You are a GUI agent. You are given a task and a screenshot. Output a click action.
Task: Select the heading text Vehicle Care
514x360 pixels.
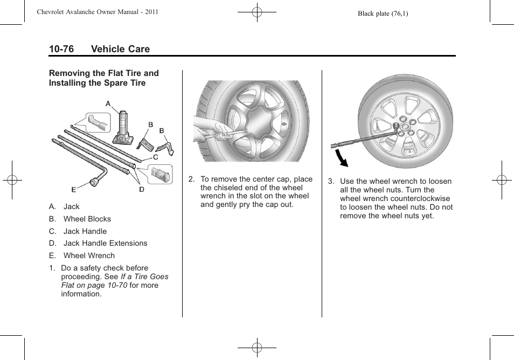coord(120,49)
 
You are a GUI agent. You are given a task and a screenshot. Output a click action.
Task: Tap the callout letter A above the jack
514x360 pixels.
coord(108,103)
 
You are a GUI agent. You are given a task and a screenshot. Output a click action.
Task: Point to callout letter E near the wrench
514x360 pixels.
coord(74,190)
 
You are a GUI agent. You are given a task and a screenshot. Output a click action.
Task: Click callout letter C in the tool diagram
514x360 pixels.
coord(155,157)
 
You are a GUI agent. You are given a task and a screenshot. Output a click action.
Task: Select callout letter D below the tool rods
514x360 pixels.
coord(142,189)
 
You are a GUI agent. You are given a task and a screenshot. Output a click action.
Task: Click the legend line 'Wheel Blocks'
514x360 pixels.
coord(87,219)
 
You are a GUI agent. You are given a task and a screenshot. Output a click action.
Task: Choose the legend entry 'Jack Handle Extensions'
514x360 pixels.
coord(105,243)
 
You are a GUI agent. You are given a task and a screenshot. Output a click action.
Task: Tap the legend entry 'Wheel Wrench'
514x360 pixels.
coord(89,255)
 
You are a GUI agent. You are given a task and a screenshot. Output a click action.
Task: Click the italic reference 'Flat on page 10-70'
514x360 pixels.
coord(94,285)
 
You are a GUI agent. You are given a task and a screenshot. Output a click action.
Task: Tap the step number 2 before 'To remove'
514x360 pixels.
coord(191,179)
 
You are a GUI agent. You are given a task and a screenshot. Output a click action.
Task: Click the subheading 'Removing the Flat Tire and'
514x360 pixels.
coord(103,73)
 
